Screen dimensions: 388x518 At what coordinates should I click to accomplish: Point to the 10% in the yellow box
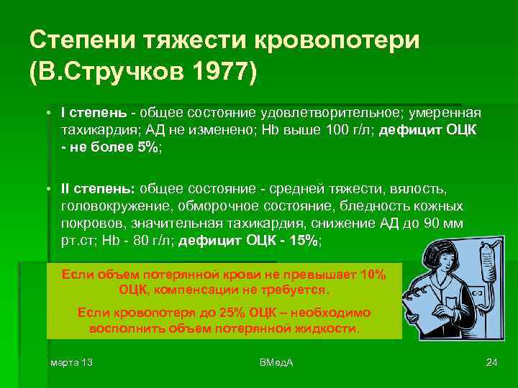[371, 276]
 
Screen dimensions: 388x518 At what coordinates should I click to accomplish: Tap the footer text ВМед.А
[276, 361]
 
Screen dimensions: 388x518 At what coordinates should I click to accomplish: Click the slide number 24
[492, 361]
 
